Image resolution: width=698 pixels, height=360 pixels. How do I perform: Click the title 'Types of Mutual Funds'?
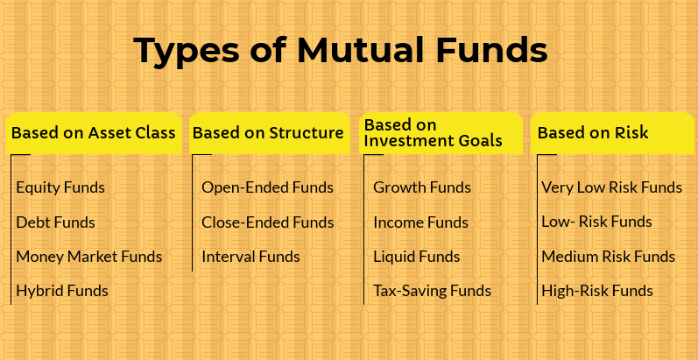point(340,51)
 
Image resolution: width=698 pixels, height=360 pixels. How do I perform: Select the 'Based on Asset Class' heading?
point(94,132)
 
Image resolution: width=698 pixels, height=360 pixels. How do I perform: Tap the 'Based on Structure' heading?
point(268,132)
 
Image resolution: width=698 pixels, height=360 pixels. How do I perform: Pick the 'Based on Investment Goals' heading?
point(434,133)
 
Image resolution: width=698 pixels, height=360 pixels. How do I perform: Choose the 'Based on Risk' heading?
point(593,132)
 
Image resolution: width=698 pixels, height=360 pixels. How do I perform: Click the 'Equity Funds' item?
point(60,187)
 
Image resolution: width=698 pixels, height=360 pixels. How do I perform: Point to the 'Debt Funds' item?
point(56,222)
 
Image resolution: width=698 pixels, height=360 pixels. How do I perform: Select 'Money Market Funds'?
point(89,257)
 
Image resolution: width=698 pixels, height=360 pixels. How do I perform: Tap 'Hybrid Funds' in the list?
point(62,291)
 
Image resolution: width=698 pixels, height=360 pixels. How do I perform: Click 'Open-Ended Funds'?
point(267,187)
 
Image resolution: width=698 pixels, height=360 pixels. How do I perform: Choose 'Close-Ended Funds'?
point(267,222)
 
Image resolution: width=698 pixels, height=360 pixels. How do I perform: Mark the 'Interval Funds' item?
point(250,257)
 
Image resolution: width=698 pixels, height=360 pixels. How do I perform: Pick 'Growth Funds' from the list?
point(422,187)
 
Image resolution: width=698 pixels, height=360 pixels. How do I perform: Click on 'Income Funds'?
point(420,222)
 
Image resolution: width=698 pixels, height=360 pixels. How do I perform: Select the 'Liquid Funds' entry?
point(417,257)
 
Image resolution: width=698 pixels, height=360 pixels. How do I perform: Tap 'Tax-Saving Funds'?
point(433,291)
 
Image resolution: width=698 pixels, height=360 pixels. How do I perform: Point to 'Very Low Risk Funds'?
point(611,187)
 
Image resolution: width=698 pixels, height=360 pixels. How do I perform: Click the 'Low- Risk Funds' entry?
point(596,222)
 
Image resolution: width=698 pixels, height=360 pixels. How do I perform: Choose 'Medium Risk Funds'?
point(608,257)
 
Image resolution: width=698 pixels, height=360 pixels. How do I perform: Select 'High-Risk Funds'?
point(597,291)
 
